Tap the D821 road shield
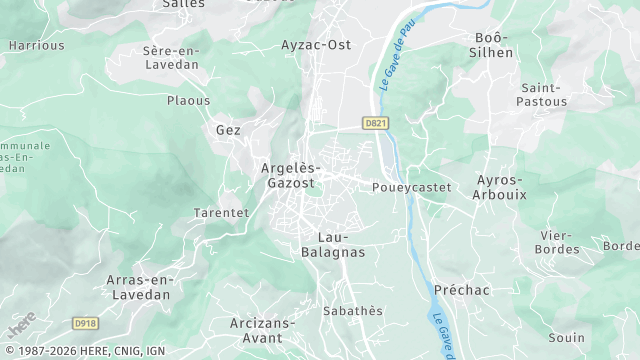click(376, 123)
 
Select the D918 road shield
click(87, 323)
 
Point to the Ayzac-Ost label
click(316, 45)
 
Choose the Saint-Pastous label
click(543, 94)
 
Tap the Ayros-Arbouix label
click(501, 187)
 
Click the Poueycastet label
click(411, 187)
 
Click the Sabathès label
click(352, 311)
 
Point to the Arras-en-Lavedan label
click(137, 287)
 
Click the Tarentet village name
click(220, 213)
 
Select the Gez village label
click(228, 130)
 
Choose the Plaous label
click(189, 100)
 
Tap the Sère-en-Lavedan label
click(171, 56)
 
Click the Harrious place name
click(36, 45)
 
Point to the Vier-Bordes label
click(557, 241)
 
